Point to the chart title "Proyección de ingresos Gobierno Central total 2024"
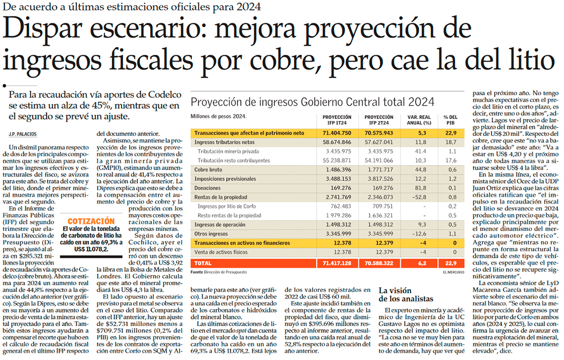coord(312,101)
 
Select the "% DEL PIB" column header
coord(450,119)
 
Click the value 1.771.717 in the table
coord(377,169)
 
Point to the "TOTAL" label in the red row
coord(203,263)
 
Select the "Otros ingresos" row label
coord(211,233)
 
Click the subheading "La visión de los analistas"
coord(406,295)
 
